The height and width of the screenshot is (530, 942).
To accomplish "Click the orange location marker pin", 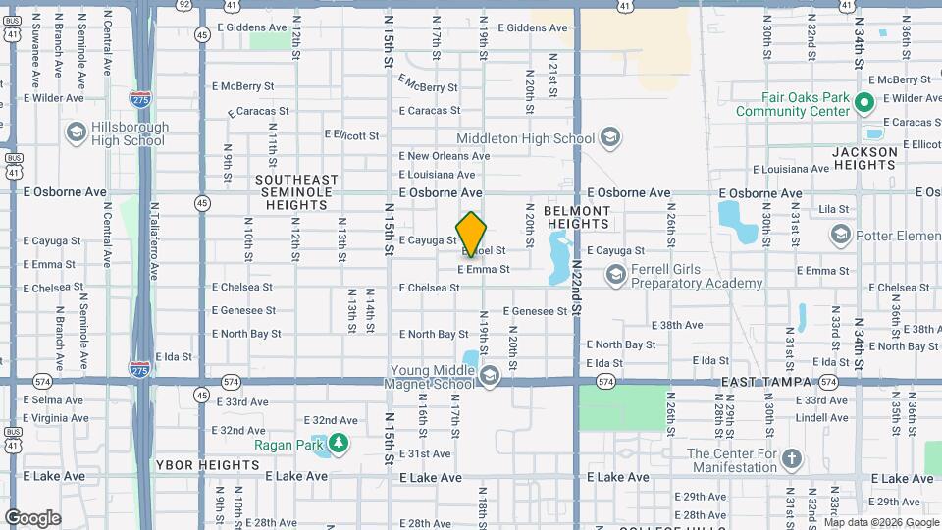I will (x=471, y=234).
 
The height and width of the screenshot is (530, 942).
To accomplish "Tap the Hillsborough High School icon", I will (x=76, y=132).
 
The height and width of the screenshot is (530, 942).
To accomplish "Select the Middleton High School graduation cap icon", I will (x=609, y=137).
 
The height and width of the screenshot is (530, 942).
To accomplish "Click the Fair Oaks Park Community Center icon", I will (x=863, y=103).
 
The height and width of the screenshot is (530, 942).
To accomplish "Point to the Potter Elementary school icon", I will (x=839, y=235).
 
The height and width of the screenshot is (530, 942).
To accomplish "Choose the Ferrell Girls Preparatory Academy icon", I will (x=615, y=276).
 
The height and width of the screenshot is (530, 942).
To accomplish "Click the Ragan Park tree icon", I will (x=339, y=444).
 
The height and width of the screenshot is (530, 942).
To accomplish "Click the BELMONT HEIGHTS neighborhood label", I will (x=577, y=217).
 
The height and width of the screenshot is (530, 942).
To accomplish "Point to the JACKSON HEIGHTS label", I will (x=864, y=159).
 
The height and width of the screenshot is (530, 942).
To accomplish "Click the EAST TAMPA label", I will (x=767, y=381).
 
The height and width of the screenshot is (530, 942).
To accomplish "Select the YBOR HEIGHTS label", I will (x=207, y=463).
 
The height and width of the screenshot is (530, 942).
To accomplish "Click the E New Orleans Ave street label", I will (x=444, y=156).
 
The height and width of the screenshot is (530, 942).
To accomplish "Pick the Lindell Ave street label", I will (x=821, y=418).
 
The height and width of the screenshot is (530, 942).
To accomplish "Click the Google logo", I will (x=32, y=517).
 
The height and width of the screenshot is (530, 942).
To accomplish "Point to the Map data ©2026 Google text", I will (x=881, y=522).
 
